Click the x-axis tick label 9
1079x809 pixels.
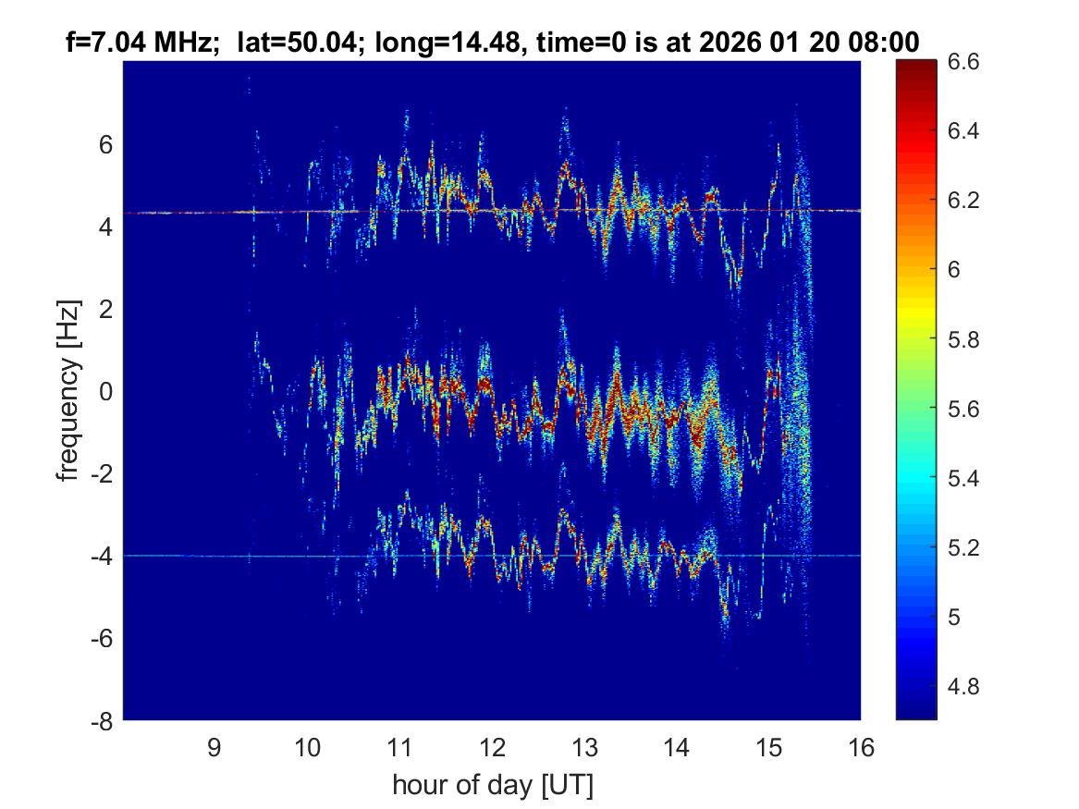click(x=215, y=747)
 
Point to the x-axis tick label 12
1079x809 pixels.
click(x=492, y=747)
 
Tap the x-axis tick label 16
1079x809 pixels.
click(x=861, y=747)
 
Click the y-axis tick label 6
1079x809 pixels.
click(x=106, y=145)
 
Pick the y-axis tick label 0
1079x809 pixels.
click(x=106, y=392)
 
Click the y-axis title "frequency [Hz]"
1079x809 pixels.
click(x=68, y=391)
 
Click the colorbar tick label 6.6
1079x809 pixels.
click(x=963, y=62)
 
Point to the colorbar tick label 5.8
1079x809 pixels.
click(x=963, y=340)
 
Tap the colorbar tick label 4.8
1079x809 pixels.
click(x=963, y=687)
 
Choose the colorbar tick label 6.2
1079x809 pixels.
click(x=963, y=201)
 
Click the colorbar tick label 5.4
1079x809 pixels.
click(x=963, y=479)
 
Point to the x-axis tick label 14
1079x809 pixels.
click(x=677, y=747)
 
